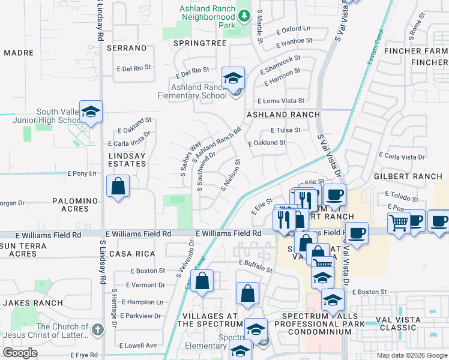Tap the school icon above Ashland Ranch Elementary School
(233, 78)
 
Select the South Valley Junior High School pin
(91, 112)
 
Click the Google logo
(20, 353)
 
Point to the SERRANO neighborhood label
(127, 47)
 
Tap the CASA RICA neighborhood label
(128, 254)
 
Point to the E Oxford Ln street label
(293, 29)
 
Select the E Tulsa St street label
(286, 130)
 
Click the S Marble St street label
(260, 26)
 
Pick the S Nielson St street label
(231, 175)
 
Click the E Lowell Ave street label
(137, 346)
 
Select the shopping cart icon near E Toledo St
(399, 223)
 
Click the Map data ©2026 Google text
(411, 355)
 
